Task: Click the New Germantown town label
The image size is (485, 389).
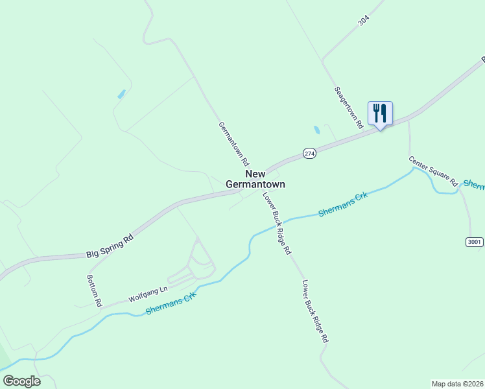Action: point(255,179)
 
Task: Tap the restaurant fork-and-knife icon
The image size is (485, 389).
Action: point(380,113)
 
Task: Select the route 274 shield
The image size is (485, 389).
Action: point(309,153)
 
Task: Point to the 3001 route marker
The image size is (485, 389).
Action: point(475,242)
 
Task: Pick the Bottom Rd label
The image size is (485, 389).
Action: point(95,290)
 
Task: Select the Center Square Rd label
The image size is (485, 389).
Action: point(433,171)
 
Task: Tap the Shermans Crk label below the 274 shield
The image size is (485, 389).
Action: point(342,204)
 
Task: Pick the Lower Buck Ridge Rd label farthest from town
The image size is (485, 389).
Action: point(315,311)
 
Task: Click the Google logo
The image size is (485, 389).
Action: point(21,381)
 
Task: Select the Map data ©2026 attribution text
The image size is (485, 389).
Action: point(458,383)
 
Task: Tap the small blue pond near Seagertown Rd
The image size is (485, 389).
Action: point(316,130)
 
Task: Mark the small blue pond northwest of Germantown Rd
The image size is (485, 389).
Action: point(121,94)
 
